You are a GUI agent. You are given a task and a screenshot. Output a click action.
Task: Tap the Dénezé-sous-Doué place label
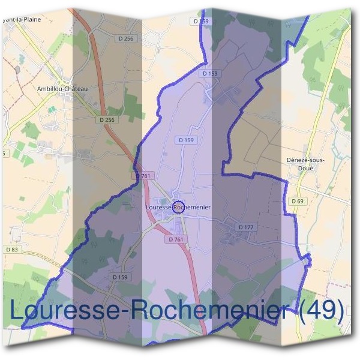[310, 164]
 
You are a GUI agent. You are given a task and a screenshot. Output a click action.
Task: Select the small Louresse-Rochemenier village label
[178, 207]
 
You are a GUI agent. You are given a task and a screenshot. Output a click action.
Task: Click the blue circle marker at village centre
[178, 208]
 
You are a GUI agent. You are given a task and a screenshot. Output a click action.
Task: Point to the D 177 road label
[247, 227]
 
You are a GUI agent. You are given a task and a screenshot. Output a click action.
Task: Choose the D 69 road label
[297, 201]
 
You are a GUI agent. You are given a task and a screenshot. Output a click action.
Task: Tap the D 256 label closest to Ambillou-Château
[106, 120]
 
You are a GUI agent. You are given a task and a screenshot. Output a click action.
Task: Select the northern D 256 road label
[125, 39]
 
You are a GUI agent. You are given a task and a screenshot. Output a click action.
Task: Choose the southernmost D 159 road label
[120, 277]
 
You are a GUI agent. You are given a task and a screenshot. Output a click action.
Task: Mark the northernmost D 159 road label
[202, 21]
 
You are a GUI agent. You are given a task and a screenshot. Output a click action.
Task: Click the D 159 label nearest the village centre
[186, 140]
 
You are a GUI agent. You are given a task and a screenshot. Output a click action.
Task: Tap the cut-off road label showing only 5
[2, 154]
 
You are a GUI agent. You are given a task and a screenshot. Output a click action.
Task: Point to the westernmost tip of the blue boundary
[22, 328]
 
